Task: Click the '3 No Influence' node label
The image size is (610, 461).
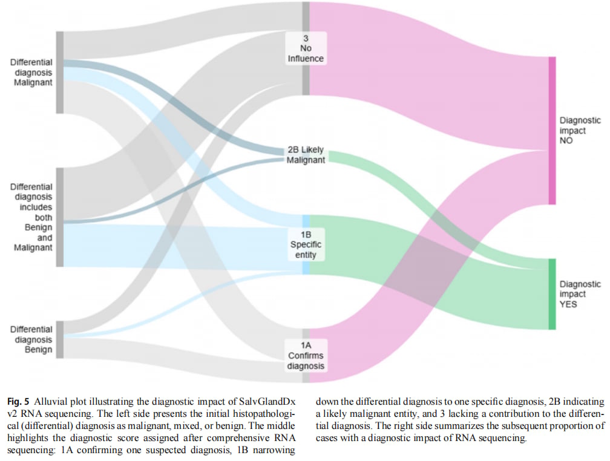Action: coord(306,48)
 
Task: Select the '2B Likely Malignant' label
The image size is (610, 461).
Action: coord(306,155)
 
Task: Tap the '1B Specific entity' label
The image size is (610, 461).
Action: coord(306,244)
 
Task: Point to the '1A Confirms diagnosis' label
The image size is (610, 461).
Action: coord(306,356)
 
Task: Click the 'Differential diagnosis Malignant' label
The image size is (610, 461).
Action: coord(32,73)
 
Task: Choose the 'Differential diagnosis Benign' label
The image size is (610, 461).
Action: coord(32,339)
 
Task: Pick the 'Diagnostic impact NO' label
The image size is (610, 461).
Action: coord(580,130)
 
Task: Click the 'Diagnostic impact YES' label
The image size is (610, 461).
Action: coord(580,294)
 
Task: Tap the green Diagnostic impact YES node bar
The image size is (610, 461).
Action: coord(552,294)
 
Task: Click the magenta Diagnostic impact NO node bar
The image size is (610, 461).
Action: coord(552,130)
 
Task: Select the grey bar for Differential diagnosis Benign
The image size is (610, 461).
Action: coord(60,339)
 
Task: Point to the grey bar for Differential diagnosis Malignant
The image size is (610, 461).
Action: coord(60,73)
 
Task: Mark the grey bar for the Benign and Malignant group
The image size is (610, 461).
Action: coord(60,217)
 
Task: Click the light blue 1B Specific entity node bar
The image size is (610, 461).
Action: coord(306,244)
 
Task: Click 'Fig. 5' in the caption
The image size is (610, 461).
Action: coord(18,402)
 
